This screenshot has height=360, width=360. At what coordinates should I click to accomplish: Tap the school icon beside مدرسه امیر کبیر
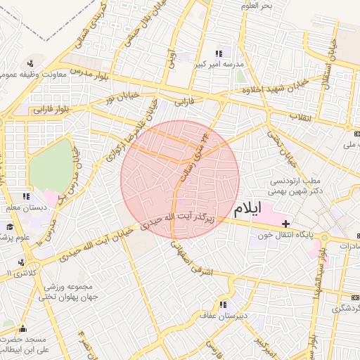[x=219, y=53]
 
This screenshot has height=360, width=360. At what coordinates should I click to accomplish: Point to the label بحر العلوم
[x=255, y=6]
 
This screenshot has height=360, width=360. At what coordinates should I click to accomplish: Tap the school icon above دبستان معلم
[x=26, y=197]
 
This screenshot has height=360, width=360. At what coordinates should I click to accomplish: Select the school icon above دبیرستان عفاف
[x=223, y=304]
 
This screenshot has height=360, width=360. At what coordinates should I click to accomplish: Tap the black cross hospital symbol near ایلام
[x=284, y=223]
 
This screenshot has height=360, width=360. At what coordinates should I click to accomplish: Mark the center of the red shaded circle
[x=180, y=180]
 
